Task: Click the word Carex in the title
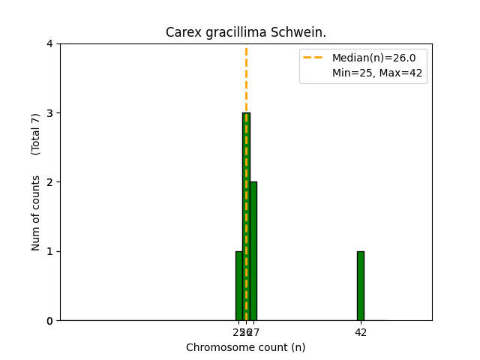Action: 181,33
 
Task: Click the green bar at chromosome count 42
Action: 361,286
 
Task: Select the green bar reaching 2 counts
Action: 253,251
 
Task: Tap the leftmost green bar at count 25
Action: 238,286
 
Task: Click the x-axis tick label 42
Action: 361,332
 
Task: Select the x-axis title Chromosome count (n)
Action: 246,347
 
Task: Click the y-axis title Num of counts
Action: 36,213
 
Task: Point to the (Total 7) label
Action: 36,134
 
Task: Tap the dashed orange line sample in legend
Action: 314,58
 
